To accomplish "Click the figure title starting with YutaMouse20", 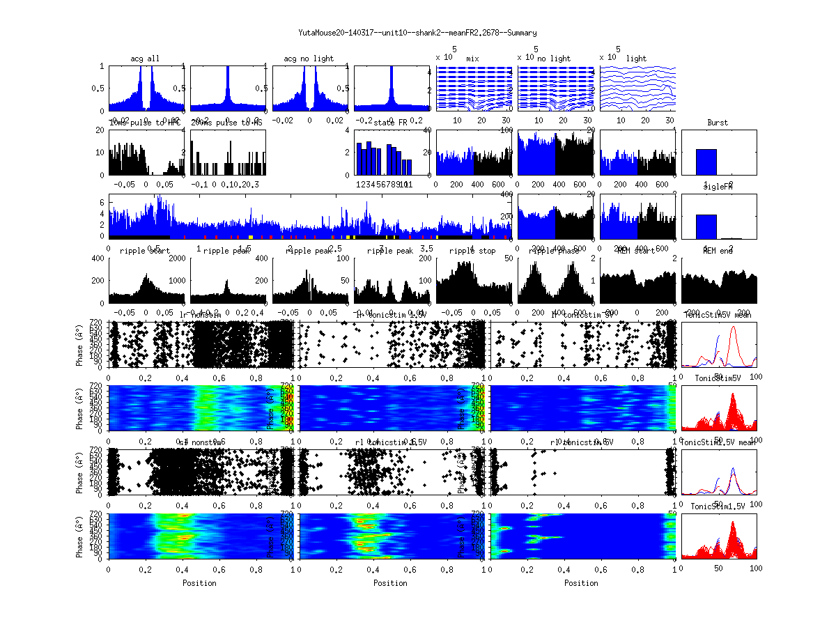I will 417,33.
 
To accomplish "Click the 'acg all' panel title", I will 145,59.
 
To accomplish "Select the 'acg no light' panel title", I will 309,59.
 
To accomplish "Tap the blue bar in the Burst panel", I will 706,162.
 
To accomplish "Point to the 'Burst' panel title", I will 718,123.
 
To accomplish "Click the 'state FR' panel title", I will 391,123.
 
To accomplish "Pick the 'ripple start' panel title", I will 144,251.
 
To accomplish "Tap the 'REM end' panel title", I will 718,251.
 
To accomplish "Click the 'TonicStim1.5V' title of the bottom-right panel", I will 718,506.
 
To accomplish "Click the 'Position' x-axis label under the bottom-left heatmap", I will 199,583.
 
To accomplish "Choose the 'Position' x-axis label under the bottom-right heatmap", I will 582,583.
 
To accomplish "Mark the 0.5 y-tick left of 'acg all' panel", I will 100,88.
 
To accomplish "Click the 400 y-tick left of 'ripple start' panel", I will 98,258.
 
